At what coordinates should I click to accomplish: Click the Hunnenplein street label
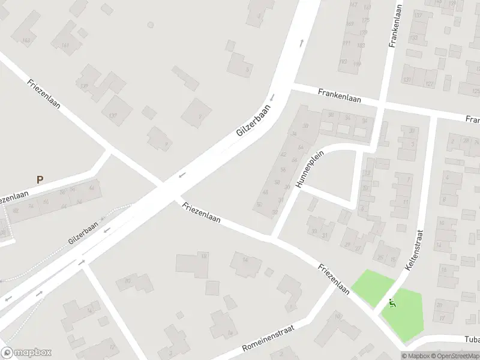point(310,169)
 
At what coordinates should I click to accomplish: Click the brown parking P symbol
point(40,179)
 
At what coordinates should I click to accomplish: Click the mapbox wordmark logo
point(26,353)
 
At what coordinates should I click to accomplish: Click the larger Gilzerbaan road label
point(254,120)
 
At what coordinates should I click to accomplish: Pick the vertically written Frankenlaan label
point(395,26)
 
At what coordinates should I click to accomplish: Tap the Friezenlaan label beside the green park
point(334,279)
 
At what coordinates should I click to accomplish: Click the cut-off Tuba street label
point(472,339)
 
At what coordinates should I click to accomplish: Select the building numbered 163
point(26,41)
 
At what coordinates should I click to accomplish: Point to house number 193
point(343,61)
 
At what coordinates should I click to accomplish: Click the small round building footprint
point(151,25)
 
